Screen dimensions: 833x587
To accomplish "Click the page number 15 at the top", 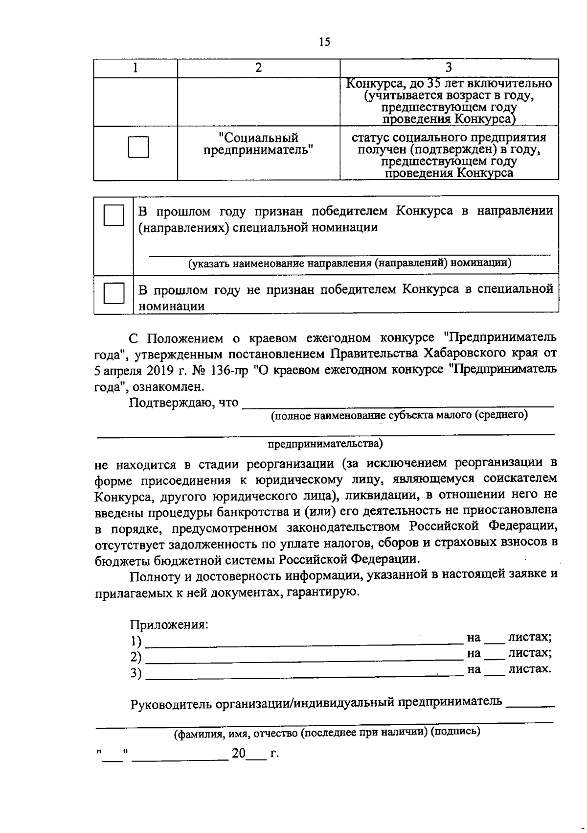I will pos(325,42).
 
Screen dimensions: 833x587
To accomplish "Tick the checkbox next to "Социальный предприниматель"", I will pos(138,147).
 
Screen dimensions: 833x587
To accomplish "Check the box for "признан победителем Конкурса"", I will pos(113,215).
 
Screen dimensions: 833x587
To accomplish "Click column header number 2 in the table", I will pos(258,68).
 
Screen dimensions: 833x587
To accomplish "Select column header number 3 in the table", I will pos(449,68).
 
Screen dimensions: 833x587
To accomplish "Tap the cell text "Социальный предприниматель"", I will pos(258,143).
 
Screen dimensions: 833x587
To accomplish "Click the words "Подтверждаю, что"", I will pos(184,403).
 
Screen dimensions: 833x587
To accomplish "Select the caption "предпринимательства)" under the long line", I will pos(325,444).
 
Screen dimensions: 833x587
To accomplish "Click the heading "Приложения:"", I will pos(169,625).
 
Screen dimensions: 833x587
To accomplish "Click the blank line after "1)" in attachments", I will pos(303,641).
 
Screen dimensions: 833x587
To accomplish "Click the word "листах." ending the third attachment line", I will pos(530,669).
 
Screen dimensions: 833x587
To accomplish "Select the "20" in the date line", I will pos(239,753).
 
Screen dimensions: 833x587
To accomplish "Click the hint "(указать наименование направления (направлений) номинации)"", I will pos(350,263).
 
